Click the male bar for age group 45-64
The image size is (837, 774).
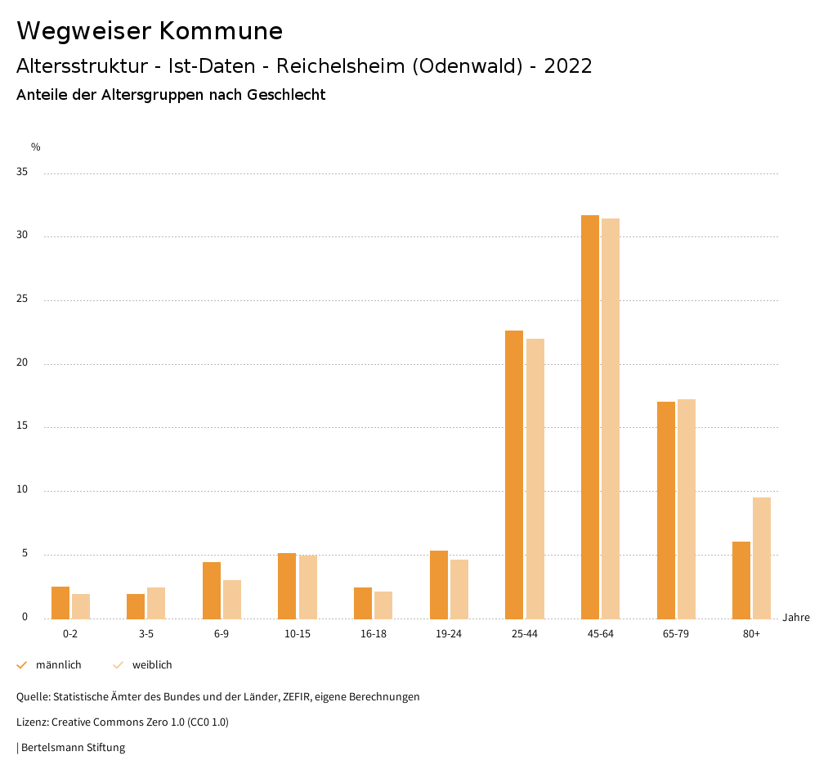click(x=590, y=417)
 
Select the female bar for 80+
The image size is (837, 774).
click(x=762, y=558)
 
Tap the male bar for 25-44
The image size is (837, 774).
click(x=514, y=475)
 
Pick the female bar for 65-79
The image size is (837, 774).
click(x=687, y=509)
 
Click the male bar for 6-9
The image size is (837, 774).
click(x=212, y=591)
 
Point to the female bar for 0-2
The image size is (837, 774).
click(x=81, y=606)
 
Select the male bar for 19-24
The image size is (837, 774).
click(x=439, y=585)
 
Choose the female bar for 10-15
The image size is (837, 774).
click(x=308, y=587)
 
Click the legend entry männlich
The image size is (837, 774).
click(x=58, y=665)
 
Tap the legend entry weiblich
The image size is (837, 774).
click(x=152, y=665)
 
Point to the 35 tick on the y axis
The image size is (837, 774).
click(x=22, y=173)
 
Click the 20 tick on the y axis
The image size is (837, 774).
click(x=22, y=363)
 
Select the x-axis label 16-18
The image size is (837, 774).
click(x=374, y=634)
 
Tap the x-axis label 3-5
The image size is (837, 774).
click(x=146, y=634)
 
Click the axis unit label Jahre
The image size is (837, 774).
click(x=796, y=618)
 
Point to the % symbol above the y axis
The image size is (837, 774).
click(x=36, y=147)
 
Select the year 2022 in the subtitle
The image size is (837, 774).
click(x=568, y=66)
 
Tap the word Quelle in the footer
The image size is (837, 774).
click(x=33, y=697)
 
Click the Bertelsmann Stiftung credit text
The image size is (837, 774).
click(x=73, y=748)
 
